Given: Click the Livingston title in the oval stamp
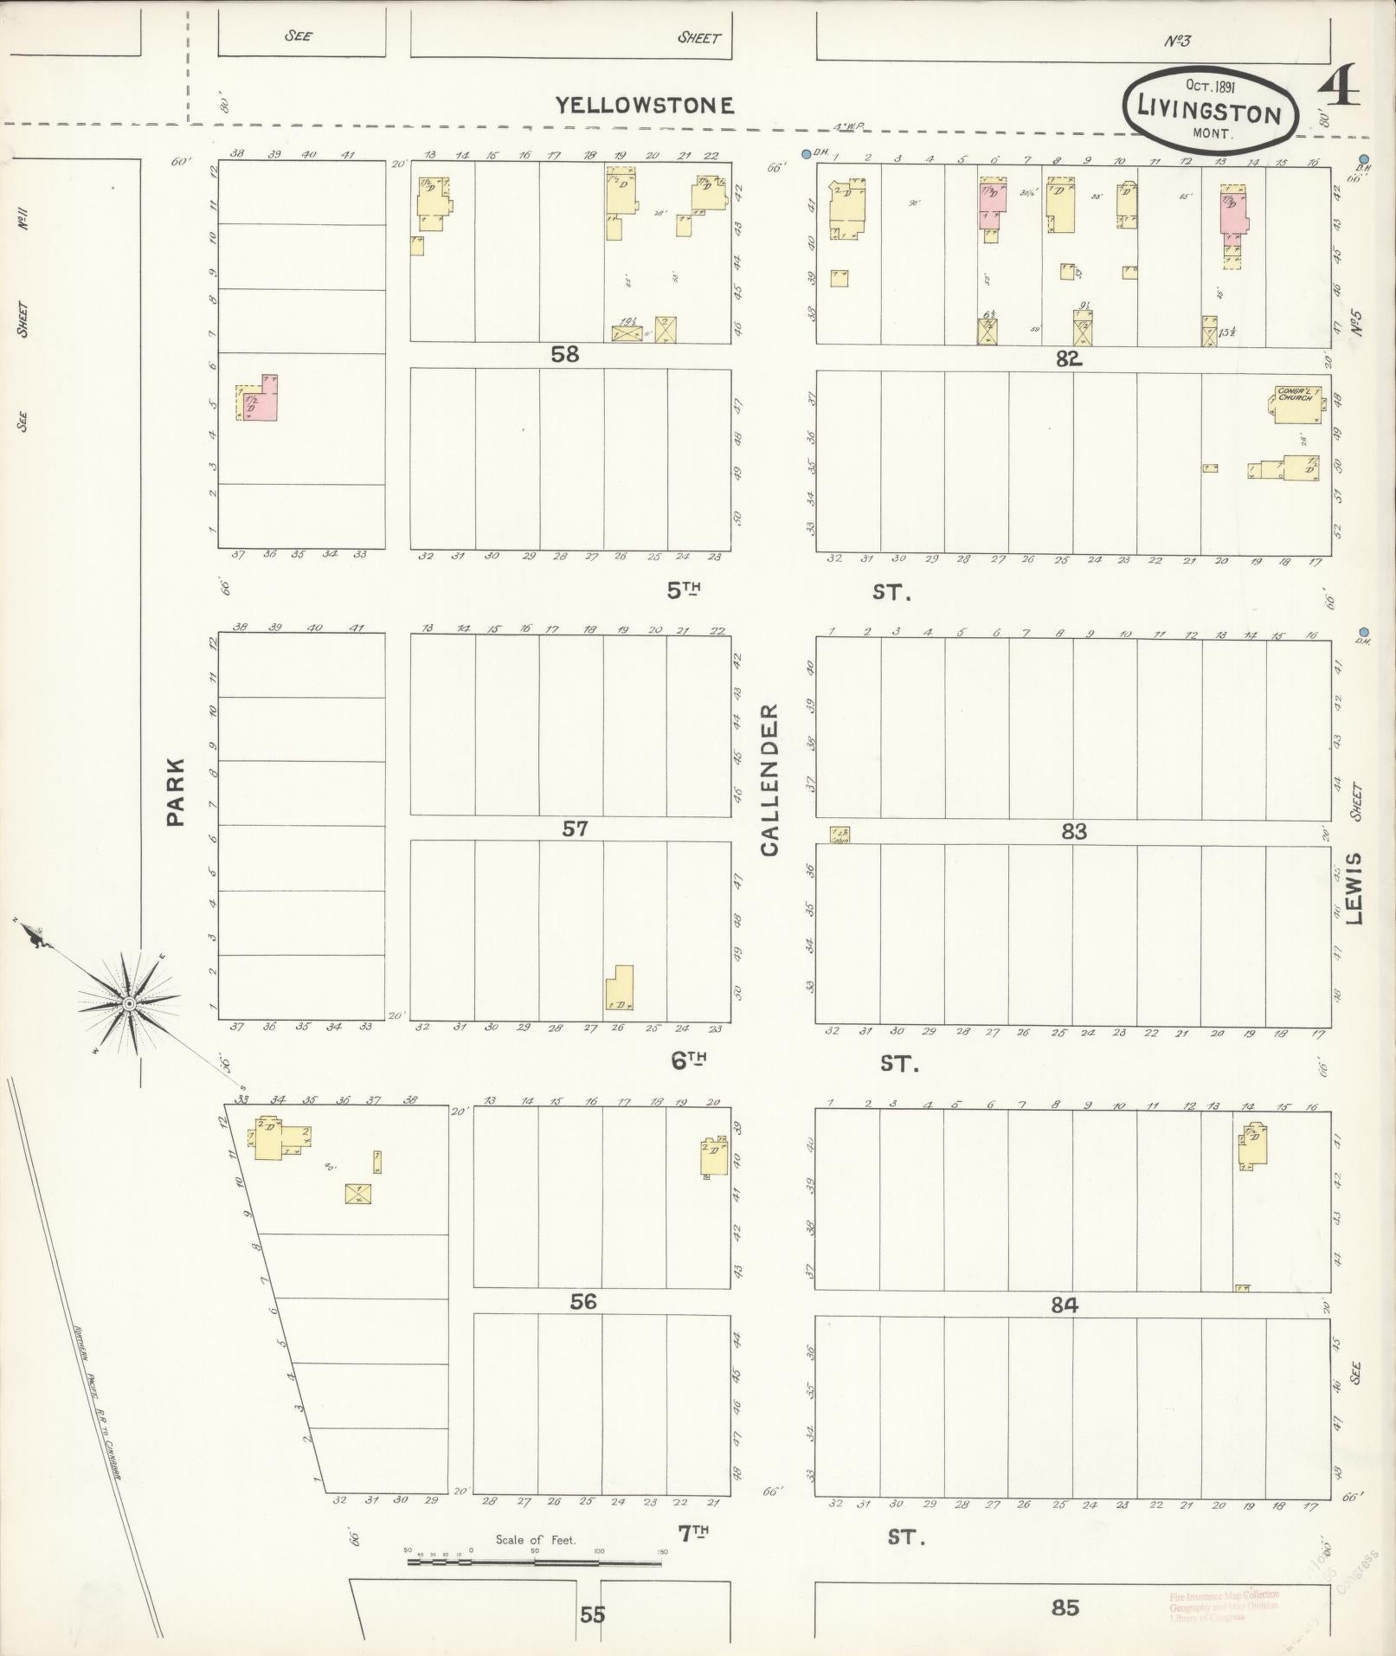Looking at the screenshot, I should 1209,113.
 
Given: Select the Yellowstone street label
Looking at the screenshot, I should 644,106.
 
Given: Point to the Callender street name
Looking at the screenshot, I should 769,779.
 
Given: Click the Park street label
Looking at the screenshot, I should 176,791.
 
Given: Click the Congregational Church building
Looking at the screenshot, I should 1296,403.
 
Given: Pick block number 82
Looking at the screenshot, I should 1069,358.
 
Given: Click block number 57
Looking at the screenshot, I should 575,829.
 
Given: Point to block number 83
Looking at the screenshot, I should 1073,832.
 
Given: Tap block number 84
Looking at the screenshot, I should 1064,1305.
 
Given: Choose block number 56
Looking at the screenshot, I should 583,1302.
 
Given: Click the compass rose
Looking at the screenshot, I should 129,1003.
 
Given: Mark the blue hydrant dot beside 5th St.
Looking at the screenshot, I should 1364,632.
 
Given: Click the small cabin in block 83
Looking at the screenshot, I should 840,834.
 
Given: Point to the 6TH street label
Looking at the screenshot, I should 690,1060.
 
